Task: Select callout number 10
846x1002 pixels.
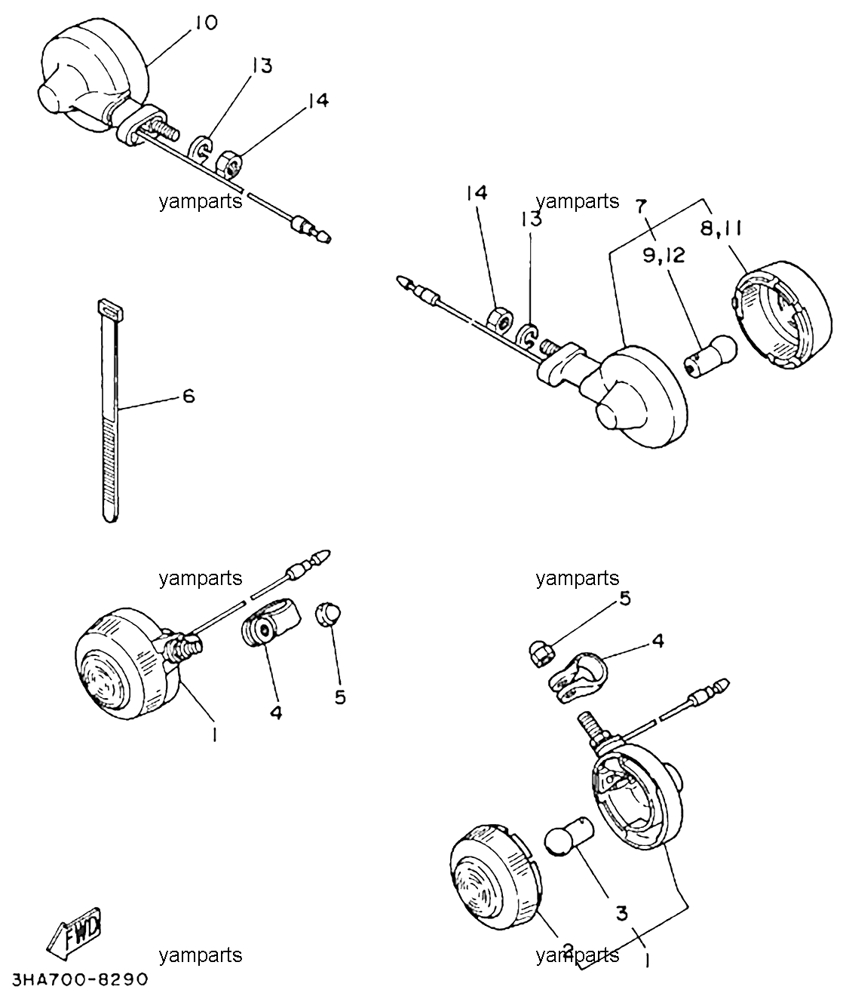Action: click(205, 22)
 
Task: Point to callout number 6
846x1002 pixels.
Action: click(189, 396)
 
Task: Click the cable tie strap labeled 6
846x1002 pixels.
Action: click(110, 411)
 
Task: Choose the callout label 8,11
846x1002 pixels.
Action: click(722, 228)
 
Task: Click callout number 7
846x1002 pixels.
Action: click(641, 207)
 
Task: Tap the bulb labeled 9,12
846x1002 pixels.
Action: click(710, 356)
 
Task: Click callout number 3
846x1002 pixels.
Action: click(622, 914)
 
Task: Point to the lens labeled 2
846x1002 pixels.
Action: click(495, 878)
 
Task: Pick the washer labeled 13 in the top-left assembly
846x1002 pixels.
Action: click(202, 147)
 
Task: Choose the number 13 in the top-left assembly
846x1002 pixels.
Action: click(262, 66)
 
